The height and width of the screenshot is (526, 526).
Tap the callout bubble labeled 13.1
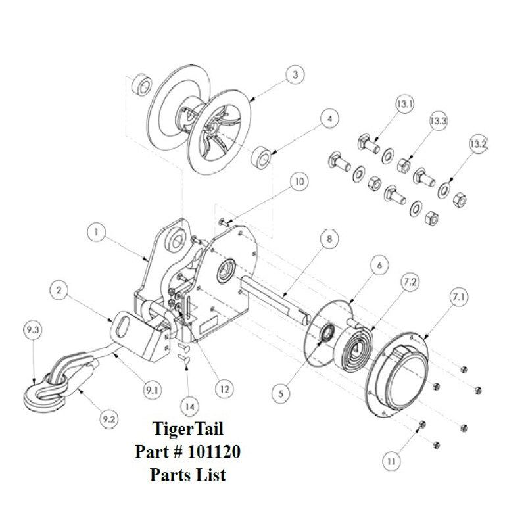tap(402, 104)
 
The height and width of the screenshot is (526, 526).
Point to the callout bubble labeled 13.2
tap(479, 143)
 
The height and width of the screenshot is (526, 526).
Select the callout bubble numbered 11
tap(393, 462)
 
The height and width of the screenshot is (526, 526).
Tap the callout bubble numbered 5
tap(284, 393)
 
